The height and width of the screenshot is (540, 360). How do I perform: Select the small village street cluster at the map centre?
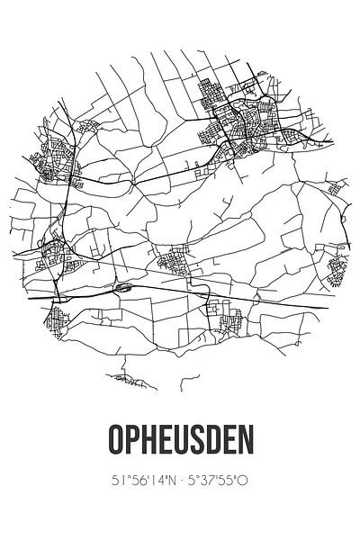176,264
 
